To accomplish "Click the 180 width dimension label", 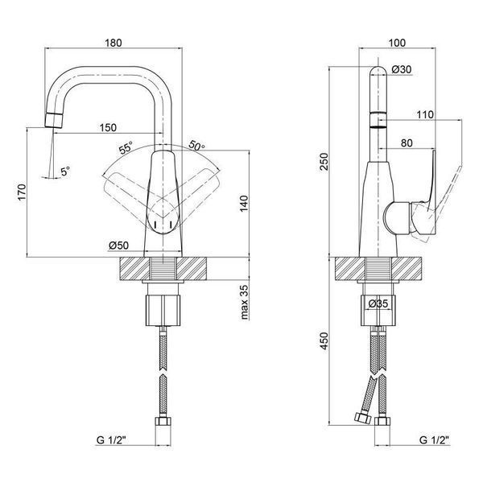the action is click(114, 43).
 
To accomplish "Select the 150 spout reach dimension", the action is click(108, 127).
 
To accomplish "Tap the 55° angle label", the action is click(126, 147).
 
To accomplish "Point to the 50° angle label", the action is click(196, 146).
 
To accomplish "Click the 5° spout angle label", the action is click(65, 171).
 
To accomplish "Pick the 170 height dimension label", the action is click(22, 192).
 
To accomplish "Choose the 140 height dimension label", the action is click(243, 204).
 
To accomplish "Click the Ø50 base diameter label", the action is click(118, 246).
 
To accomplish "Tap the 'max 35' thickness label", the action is click(244, 302).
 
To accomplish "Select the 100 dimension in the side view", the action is click(397, 43).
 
